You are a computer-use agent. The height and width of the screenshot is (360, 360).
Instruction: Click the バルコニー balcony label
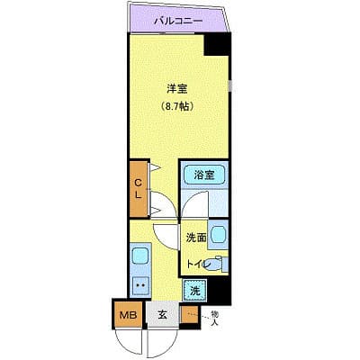point(176,19)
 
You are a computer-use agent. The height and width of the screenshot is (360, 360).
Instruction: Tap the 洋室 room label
point(175,88)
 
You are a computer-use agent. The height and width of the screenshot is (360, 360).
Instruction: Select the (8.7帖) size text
point(175,106)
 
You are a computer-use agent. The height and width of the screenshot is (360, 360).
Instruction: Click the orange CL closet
point(139,188)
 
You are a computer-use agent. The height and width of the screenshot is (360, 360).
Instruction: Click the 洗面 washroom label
point(197,238)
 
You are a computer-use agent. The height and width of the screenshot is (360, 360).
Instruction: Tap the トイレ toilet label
point(198,264)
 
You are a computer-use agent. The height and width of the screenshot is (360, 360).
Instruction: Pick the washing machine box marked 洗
point(195,290)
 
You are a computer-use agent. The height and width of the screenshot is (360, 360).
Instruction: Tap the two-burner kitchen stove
point(139,286)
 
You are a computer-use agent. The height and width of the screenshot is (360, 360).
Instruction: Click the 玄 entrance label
point(163,314)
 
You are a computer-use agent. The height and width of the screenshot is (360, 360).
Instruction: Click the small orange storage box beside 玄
point(189,314)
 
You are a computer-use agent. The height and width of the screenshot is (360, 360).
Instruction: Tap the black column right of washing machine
point(220,290)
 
